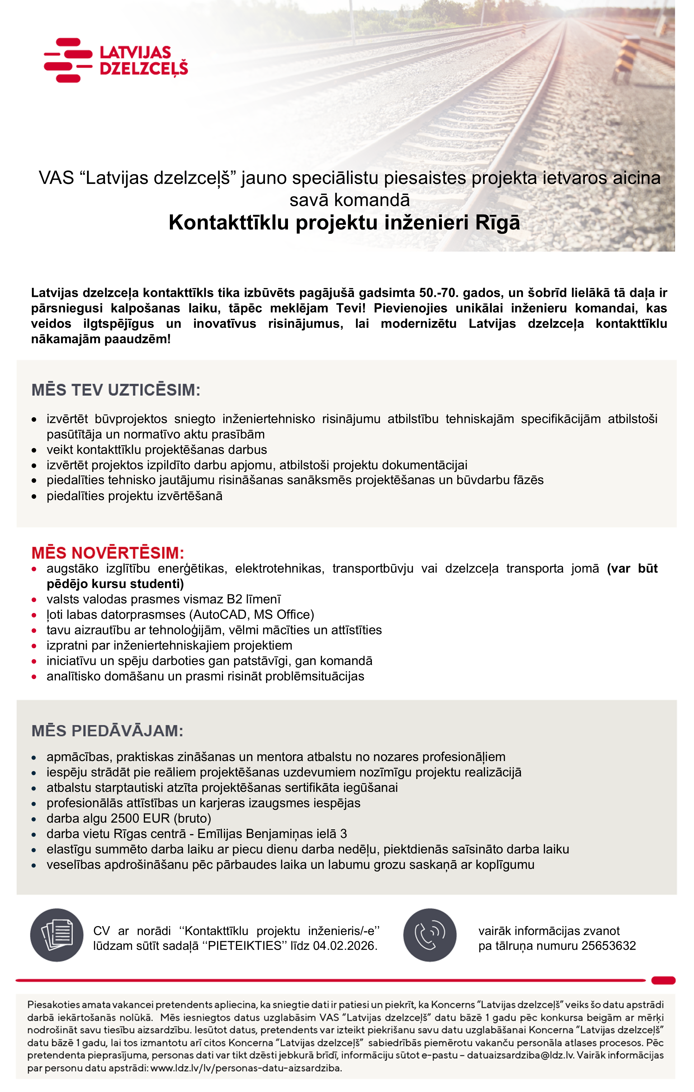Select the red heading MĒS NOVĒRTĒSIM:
point(108,553)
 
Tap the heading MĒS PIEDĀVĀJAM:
point(107,731)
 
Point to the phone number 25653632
point(608,946)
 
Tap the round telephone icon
point(430,935)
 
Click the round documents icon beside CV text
point(57,935)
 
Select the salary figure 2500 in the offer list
point(126,818)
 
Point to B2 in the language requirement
point(234,599)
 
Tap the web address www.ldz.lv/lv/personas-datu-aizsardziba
point(246,1068)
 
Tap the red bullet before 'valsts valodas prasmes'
point(34,599)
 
